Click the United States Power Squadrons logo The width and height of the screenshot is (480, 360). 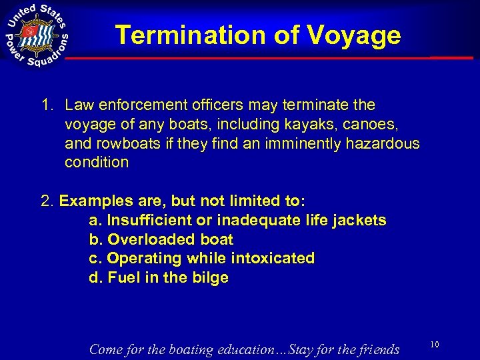(37, 35)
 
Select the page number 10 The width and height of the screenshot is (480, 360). (434, 344)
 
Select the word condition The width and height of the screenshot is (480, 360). (97, 162)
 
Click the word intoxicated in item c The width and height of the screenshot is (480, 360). (273, 258)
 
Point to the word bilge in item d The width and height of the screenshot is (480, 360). (210, 277)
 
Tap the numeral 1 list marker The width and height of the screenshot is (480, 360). (46, 105)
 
